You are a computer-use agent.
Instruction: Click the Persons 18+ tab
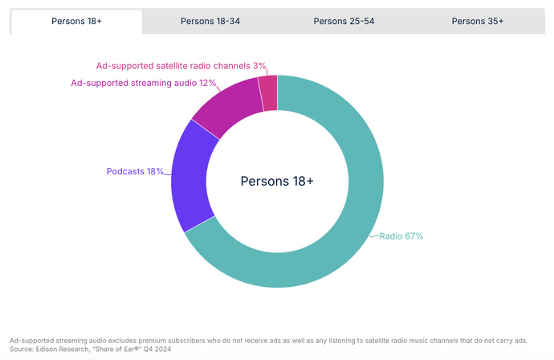76,22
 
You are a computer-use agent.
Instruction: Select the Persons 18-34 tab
210,22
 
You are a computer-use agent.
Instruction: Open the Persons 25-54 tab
344,22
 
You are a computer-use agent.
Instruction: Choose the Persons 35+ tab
477,22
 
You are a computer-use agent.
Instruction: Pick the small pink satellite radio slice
268,92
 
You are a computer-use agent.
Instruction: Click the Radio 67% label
401,236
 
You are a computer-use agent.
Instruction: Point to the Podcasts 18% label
135,171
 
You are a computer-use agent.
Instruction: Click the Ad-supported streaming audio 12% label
144,83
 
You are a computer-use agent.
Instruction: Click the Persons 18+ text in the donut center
277,182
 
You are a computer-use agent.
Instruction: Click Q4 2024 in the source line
158,350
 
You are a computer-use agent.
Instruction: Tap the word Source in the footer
22,350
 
